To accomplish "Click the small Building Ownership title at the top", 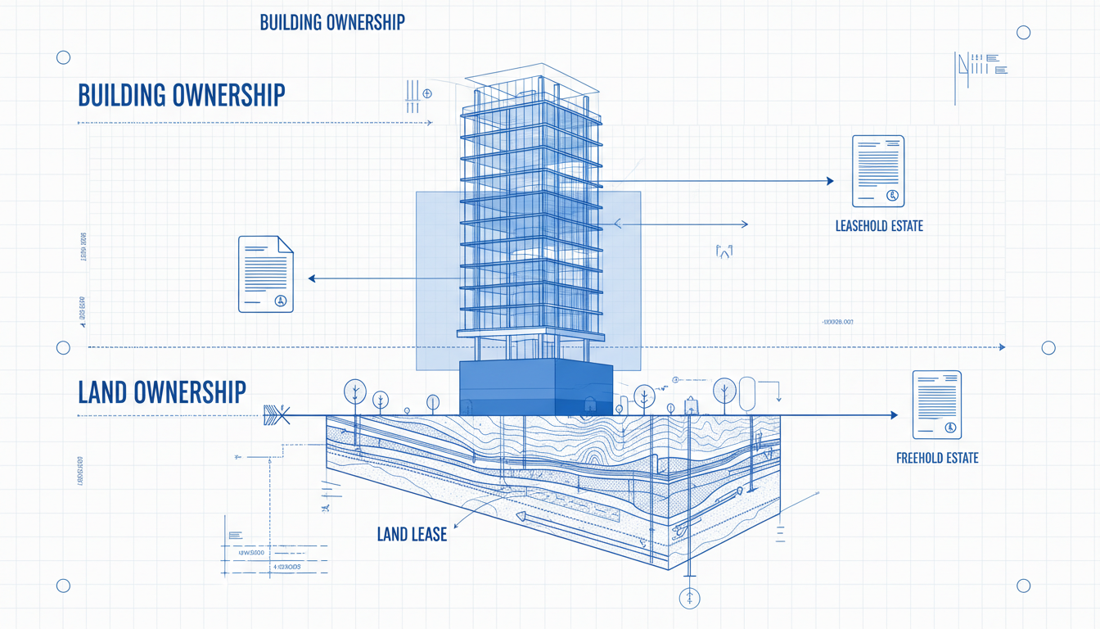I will [x=331, y=22].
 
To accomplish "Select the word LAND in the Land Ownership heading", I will [x=103, y=391].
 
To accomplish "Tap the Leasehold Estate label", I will [x=878, y=225].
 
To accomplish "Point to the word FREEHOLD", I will [x=920, y=458].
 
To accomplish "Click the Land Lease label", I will [x=412, y=535].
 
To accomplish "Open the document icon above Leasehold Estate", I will [x=877, y=170].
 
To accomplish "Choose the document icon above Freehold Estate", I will [x=936, y=404].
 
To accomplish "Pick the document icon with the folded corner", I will [x=265, y=274].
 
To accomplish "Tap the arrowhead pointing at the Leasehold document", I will [x=829, y=181].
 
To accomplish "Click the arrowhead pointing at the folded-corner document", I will [x=312, y=278].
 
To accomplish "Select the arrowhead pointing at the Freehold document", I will [x=893, y=415].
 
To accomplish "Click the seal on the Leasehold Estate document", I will [x=892, y=195].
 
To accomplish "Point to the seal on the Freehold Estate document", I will [x=950, y=428].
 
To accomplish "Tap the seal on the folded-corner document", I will [x=281, y=301].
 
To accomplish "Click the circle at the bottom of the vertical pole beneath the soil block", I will [x=690, y=598].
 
